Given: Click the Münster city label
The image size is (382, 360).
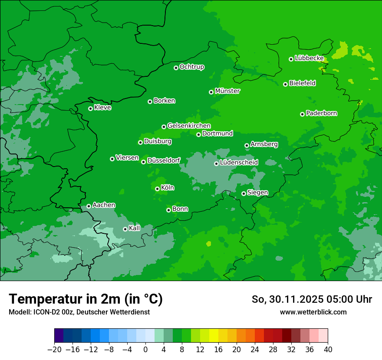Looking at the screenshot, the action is pyautogui.click(x=227, y=91).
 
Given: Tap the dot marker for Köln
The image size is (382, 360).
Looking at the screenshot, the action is pyautogui.click(x=157, y=189).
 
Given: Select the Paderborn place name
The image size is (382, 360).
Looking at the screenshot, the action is pyautogui.click(x=322, y=113).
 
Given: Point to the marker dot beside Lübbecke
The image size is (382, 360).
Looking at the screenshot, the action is pyautogui.click(x=291, y=59).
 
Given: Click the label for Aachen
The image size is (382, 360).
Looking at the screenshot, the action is pyautogui.click(x=104, y=205).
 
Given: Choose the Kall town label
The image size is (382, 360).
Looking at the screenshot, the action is pyautogui.click(x=135, y=228).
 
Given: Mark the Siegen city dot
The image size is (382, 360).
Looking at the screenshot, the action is pyautogui.click(x=244, y=193).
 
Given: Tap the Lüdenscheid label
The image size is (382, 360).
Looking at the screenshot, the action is pyautogui.click(x=239, y=163).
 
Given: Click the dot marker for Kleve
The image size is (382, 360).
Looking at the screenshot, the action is pyautogui.click(x=90, y=108).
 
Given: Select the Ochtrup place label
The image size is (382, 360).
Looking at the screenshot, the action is pyautogui.click(x=192, y=67).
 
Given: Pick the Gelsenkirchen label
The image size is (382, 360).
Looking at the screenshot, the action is pyautogui.click(x=189, y=126).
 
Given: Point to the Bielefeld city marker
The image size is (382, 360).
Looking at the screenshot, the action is pyautogui.click(x=285, y=84).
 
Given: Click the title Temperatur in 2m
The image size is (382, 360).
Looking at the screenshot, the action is pyautogui.click(x=86, y=299).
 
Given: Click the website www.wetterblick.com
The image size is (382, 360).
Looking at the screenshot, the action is pyautogui.click(x=313, y=312).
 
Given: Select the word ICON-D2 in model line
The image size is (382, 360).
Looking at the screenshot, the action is pyautogui.click(x=43, y=312).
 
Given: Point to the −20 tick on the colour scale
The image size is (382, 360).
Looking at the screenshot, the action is pyautogui.click(x=54, y=349).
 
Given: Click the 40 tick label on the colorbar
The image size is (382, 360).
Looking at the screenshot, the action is pyautogui.click(x=328, y=349).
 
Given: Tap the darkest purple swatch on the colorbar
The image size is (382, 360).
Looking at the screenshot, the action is pyautogui.click(x=59, y=336).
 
